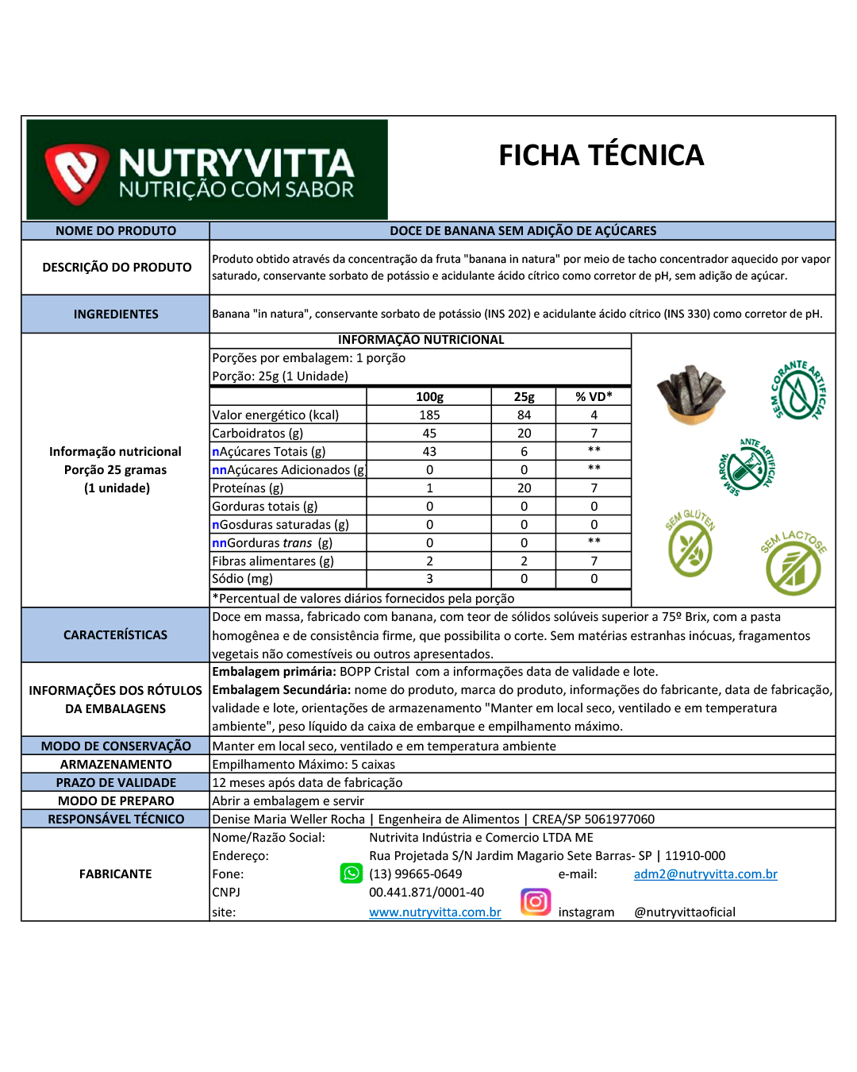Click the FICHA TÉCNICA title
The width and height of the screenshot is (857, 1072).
click(601, 156)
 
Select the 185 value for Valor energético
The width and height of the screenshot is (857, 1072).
click(429, 415)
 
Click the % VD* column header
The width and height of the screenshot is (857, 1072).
click(594, 397)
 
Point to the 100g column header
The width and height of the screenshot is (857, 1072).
click(429, 397)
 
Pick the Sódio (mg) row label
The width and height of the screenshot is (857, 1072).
click(243, 579)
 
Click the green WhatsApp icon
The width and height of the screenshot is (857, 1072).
click(351, 873)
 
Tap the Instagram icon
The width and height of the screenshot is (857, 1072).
click(536, 902)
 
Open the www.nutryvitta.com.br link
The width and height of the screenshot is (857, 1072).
click(435, 912)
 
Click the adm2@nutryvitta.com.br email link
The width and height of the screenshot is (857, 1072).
click(705, 874)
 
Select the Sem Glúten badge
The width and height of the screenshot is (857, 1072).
click(690, 544)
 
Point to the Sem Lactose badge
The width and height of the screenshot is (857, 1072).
click(794, 564)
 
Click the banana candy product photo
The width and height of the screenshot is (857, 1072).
click(690, 395)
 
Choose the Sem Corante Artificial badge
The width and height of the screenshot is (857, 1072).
click(797, 391)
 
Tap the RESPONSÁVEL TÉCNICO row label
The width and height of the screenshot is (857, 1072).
click(116, 819)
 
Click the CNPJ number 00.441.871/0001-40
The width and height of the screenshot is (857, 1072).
click(426, 893)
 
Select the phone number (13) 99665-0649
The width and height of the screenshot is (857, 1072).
click(415, 874)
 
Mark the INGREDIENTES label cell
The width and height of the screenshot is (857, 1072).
click(116, 314)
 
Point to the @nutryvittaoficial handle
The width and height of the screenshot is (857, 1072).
click(685, 912)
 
